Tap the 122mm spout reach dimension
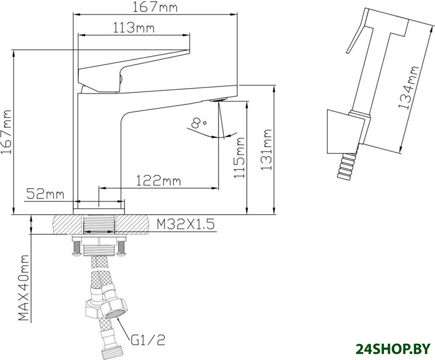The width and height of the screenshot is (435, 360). pyautogui.click(x=158, y=181)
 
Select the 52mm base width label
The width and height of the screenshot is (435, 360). pyautogui.click(x=45, y=194)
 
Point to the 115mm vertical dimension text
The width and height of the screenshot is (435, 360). pyautogui.click(x=239, y=157)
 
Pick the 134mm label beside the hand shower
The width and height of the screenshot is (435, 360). pyautogui.click(x=407, y=88)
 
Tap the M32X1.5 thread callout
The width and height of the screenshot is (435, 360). pyautogui.click(x=185, y=224)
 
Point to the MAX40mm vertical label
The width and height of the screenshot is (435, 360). pyautogui.click(x=23, y=288)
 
